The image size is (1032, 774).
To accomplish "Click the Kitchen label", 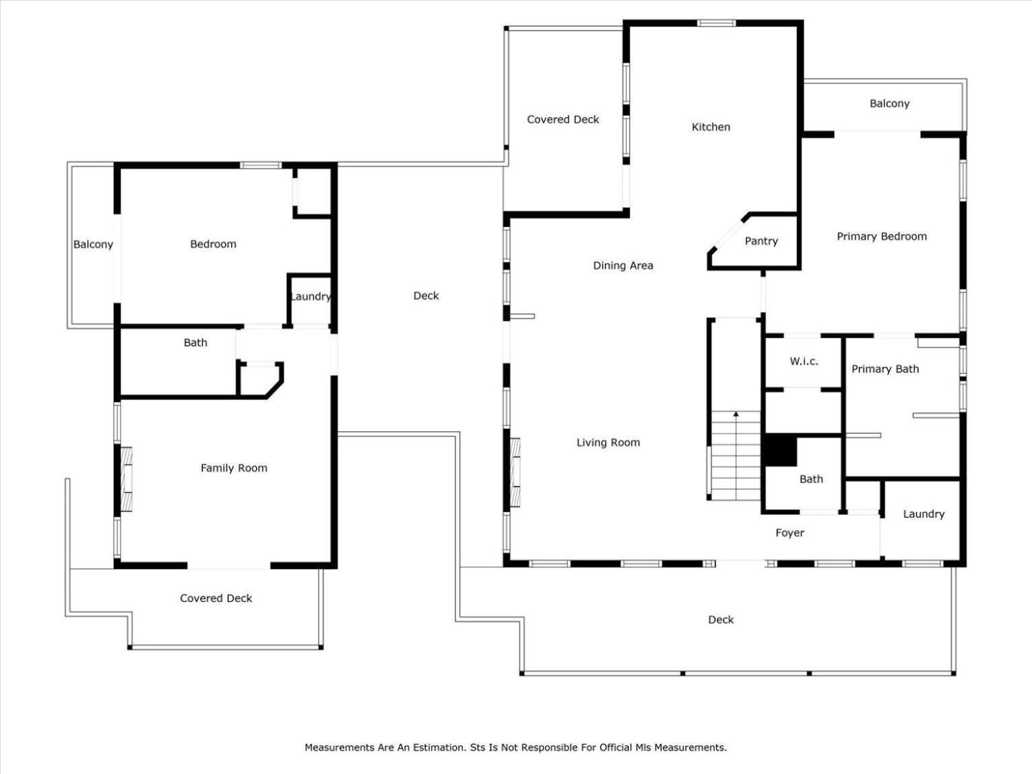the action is [x=710, y=127].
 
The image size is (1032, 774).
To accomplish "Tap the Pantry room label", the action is [x=761, y=241].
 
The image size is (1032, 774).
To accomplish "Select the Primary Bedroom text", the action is [x=881, y=236].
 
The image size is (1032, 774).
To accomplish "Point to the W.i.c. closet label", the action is [x=804, y=361].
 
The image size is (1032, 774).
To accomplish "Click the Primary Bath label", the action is [x=885, y=369].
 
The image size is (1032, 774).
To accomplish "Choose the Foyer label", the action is [x=789, y=532].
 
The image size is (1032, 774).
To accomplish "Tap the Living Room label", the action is [x=608, y=442].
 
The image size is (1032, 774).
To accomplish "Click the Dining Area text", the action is [x=623, y=265].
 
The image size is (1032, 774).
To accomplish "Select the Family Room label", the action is [x=234, y=468].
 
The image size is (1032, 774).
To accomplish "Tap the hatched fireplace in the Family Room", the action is [x=126, y=479].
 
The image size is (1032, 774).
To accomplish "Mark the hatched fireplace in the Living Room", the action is [x=515, y=472].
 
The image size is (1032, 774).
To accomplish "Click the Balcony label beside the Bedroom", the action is [x=93, y=245].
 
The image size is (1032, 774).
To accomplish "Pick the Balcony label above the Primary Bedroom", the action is [x=889, y=103].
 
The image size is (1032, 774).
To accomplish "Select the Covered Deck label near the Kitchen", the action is [x=563, y=120].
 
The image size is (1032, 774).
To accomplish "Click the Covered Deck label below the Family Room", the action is [x=216, y=598].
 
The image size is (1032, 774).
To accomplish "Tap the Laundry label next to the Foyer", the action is [x=923, y=514].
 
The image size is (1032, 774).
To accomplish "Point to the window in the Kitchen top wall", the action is [x=716, y=23].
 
